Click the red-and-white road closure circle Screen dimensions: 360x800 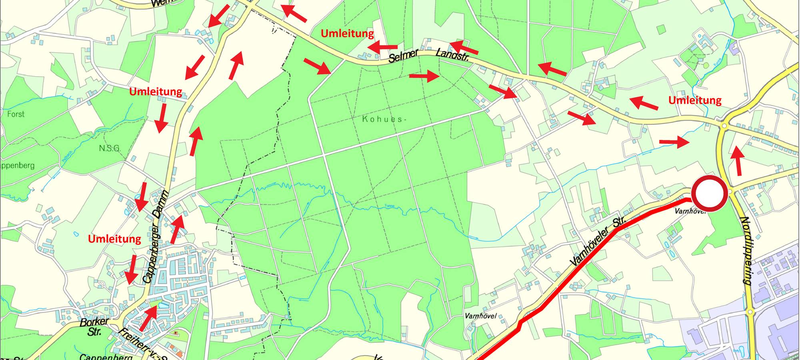click(x=709, y=194)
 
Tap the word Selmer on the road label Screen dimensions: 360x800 click(x=403, y=56)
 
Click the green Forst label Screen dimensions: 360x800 click(x=16, y=114)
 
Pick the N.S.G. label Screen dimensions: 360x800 click(x=109, y=148)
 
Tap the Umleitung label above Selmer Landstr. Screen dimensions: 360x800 click(x=347, y=34)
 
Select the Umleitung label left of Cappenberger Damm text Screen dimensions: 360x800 click(x=114, y=239)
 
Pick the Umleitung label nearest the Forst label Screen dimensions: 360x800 click(x=156, y=92)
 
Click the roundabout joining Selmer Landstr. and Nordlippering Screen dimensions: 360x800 click(x=724, y=126)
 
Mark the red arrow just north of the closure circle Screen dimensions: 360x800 click(x=737, y=161)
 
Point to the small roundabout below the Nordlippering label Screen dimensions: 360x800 click(x=750, y=311)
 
